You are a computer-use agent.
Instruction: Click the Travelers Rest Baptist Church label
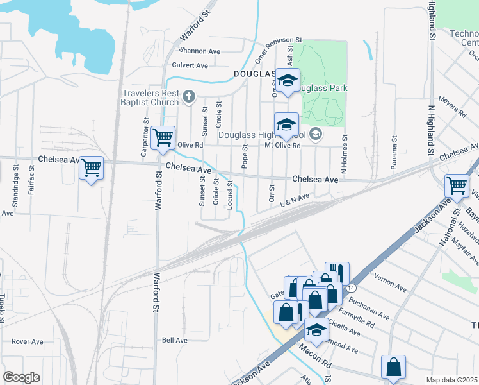(x=151, y=98)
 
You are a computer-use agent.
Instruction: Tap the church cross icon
(x=188, y=97)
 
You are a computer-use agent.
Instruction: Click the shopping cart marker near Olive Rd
(x=164, y=137)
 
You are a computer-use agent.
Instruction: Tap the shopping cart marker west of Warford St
(x=92, y=168)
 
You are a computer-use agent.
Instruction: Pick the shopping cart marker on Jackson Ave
(x=457, y=185)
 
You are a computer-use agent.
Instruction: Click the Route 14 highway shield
(x=350, y=289)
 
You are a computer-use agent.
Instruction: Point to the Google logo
(x=22, y=377)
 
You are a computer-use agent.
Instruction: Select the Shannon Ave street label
(x=200, y=51)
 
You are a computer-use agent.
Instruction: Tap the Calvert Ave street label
(x=190, y=65)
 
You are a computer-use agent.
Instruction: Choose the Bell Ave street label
(x=174, y=340)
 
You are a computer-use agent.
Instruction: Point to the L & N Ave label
(x=295, y=200)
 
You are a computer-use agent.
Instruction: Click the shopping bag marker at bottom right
(x=393, y=367)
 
